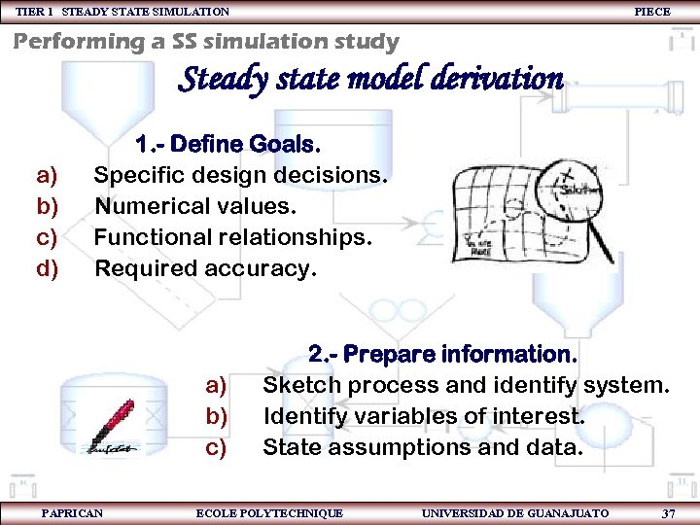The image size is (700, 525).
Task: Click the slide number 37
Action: click(x=668, y=512)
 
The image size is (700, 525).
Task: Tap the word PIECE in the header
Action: click(x=651, y=12)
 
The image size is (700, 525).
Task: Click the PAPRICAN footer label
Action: click(x=72, y=512)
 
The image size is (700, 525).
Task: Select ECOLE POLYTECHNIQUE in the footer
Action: click(x=269, y=512)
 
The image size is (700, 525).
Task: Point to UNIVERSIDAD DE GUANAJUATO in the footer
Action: click(x=515, y=512)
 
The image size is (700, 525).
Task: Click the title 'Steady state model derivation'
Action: click(x=370, y=78)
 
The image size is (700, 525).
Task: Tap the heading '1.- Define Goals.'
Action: click(x=227, y=145)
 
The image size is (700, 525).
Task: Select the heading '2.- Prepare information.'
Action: click(x=442, y=353)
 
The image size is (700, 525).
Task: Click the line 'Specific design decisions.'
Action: click(x=240, y=176)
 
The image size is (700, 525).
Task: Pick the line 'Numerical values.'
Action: click(x=194, y=206)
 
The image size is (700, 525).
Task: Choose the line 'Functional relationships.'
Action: click(x=232, y=237)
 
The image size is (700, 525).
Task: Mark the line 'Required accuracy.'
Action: click(x=205, y=268)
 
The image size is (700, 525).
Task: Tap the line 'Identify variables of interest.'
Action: click(x=424, y=416)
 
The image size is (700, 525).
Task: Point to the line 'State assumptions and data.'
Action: click(x=423, y=447)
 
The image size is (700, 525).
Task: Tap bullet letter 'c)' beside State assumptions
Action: click(x=216, y=447)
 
